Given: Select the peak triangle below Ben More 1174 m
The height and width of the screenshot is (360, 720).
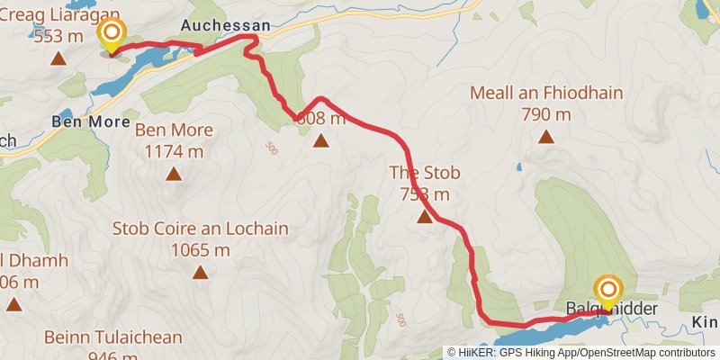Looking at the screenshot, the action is click(x=173, y=175).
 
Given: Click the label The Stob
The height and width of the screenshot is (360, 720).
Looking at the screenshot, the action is click(x=419, y=172).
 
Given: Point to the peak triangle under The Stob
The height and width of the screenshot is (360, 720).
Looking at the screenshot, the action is click(x=424, y=217).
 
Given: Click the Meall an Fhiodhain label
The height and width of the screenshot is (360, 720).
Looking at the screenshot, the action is click(x=546, y=93).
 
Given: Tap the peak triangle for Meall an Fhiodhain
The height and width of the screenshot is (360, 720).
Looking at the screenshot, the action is click(x=545, y=137).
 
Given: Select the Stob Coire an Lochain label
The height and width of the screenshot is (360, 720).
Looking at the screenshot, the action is click(x=200, y=229).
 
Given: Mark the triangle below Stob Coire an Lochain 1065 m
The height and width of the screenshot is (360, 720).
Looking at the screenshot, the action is click(x=199, y=272).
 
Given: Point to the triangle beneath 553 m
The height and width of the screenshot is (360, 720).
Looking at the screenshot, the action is click(x=58, y=59).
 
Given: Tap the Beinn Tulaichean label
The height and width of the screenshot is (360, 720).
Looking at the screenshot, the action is click(x=112, y=337).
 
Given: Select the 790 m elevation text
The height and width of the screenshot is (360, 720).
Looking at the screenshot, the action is click(x=546, y=114).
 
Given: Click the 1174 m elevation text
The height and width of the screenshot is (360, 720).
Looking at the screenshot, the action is click(x=174, y=152).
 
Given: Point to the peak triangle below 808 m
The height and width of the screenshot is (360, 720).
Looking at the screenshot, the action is click(x=320, y=139).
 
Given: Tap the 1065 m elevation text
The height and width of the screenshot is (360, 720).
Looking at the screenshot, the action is click(x=200, y=250).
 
